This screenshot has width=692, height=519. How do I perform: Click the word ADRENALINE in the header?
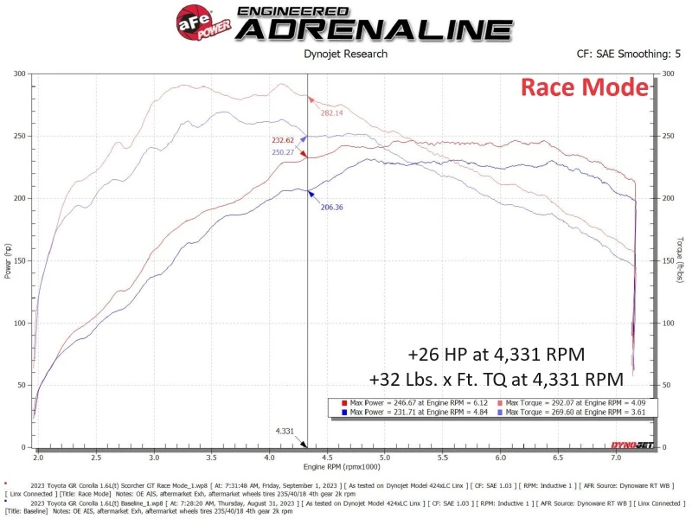[x=373, y=29]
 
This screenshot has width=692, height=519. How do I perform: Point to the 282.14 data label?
[x=332, y=113]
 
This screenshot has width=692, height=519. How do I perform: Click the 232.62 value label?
[x=283, y=140]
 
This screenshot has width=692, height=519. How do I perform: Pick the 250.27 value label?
[x=282, y=152]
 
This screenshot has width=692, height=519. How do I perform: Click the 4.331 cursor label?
[x=285, y=430]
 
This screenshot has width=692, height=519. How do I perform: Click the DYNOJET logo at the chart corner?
[x=631, y=445]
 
